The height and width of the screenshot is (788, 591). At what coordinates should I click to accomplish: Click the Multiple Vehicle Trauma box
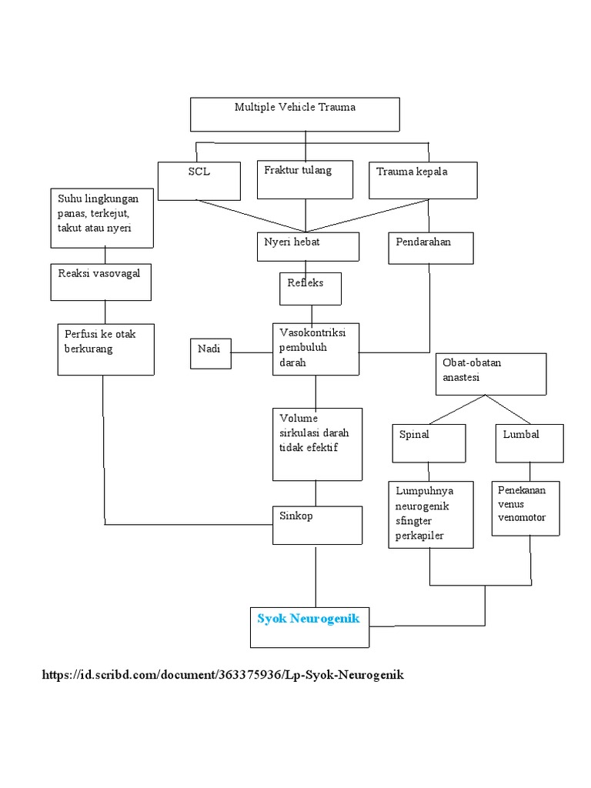[x=295, y=114]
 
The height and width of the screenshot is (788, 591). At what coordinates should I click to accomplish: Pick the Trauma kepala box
[x=423, y=180]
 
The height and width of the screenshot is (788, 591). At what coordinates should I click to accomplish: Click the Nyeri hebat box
[x=307, y=247]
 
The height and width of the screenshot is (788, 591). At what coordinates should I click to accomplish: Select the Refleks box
[x=309, y=289]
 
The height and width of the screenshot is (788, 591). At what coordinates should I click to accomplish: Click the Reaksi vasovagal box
[x=101, y=282]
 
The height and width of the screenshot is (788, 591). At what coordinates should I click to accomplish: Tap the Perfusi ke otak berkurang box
[x=106, y=349]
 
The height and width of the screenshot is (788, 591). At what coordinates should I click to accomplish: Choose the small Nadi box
[x=210, y=352]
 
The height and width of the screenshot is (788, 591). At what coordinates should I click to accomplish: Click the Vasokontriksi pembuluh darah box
[x=316, y=349]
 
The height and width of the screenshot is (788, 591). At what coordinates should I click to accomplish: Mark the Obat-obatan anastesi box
[x=491, y=373]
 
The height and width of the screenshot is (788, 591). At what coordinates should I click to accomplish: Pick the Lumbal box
[x=529, y=442]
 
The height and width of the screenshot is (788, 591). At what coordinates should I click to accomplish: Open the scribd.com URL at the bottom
[x=222, y=675]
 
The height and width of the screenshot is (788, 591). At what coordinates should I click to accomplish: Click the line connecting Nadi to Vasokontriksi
[x=252, y=353]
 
